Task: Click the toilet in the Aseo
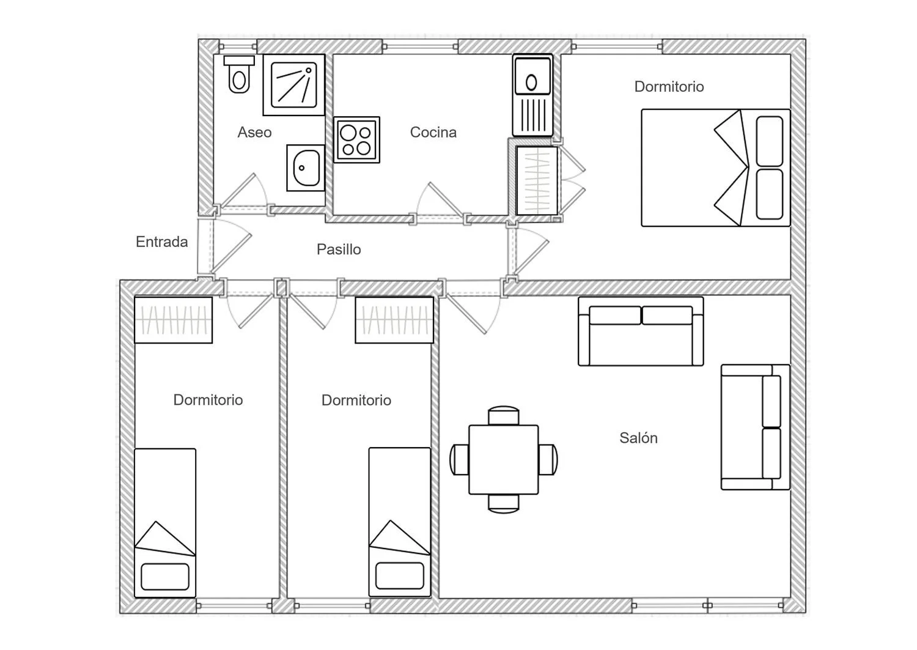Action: pos(239,75)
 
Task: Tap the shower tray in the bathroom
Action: pos(294,85)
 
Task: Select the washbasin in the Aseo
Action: pos(306,168)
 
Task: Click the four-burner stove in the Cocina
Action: pos(356,139)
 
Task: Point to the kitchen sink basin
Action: pos(532,76)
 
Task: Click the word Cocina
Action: pos(433,132)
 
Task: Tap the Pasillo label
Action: pos(339,249)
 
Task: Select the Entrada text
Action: pos(162,242)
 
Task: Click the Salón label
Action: pos(638,438)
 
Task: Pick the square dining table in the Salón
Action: pos(504,460)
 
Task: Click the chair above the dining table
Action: pos(504,415)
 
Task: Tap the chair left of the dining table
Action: pos(459,460)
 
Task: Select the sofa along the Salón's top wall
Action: pos(641,331)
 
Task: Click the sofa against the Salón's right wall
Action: pos(755,427)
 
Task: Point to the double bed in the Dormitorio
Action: pos(716,168)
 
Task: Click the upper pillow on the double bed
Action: pos(770,141)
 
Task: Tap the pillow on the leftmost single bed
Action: pos(165,577)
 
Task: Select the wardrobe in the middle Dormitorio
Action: pos(394,320)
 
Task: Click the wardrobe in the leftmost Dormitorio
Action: pos(173,320)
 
